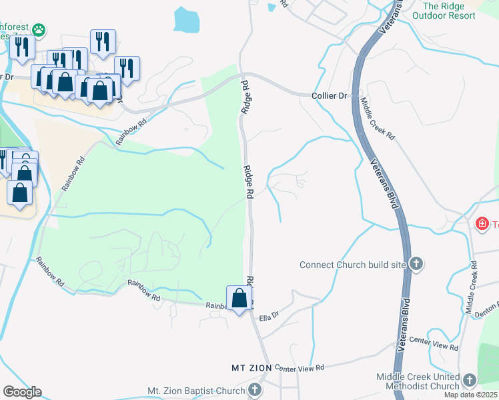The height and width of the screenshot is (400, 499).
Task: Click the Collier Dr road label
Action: (x=330, y=96)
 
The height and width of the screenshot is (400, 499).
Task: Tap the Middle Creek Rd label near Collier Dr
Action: (x=378, y=119)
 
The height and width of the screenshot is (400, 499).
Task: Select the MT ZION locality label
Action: (x=251, y=368)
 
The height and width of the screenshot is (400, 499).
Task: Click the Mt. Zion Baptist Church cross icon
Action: (x=254, y=390)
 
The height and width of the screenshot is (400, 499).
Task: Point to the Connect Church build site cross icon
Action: (x=416, y=264)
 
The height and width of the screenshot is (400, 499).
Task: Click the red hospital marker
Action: (x=482, y=223)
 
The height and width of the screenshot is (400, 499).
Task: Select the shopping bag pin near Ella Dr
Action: (x=239, y=299)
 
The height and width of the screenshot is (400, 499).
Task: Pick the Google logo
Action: (x=22, y=391)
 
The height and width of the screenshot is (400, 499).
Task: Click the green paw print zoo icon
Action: (x=39, y=29)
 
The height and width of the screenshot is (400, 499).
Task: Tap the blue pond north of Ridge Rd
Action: (x=186, y=20)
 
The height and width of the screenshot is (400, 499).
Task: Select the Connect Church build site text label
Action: (x=352, y=265)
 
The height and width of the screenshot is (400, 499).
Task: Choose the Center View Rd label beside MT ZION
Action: (x=299, y=368)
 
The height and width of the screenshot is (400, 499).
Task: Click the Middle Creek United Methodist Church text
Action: (x=418, y=381)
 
